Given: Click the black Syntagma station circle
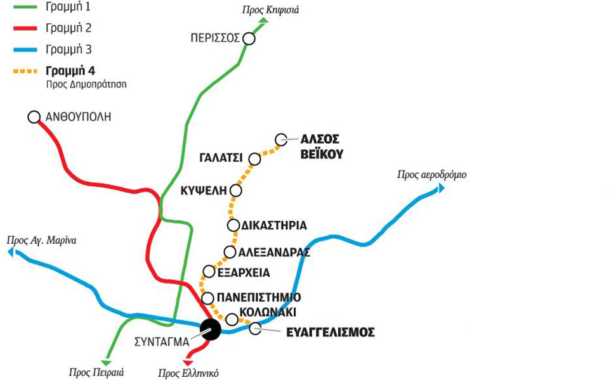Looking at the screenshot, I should click(x=210, y=329).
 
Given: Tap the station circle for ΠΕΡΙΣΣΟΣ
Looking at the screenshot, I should click(x=249, y=39).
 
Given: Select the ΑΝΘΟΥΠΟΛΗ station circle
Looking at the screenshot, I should click(x=34, y=117).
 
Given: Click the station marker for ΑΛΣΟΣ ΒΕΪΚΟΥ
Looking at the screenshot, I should click(x=282, y=139).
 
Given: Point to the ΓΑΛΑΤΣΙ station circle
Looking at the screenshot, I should click(x=254, y=158).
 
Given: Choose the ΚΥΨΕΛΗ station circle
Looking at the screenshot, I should click(x=236, y=190).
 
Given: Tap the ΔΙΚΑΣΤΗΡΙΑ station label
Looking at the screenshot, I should click(x=274, y=225).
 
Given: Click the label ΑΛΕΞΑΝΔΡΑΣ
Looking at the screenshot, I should click(x=274, y=252).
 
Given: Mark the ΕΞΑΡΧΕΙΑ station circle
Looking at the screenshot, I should click(x=208, y=272).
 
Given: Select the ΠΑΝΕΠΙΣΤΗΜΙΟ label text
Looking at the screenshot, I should click(x=258, y=298).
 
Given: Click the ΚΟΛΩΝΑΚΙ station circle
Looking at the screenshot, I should click(x=232, y=319).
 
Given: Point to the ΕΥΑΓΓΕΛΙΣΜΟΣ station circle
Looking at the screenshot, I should click(x=255, y=328).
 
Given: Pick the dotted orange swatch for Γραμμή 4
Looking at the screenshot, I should click(x=21, y=70).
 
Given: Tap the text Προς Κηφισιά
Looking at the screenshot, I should click(x=270, y=9).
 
